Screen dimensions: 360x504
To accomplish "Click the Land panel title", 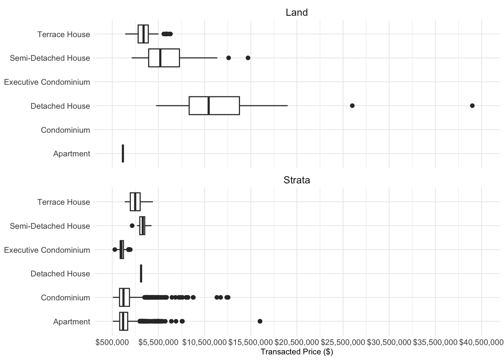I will (x=297, y=12).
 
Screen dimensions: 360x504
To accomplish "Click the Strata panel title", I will (x=297, y=180).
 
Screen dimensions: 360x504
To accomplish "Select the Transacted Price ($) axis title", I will (x=297, y=352).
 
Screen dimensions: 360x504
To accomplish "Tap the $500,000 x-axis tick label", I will (x=112, y=342).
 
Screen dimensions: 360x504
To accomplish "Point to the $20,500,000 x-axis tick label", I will (x=297, y=342).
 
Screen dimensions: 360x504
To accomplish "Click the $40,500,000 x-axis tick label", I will (x=481, y=342).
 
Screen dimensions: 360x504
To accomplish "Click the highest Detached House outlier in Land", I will (x=472, y=106).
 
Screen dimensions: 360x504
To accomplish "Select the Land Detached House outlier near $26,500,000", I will (x=352, y=106).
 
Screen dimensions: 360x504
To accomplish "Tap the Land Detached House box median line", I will (x=208, y=106).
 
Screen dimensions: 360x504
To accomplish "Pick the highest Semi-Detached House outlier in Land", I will (x=248, y=58).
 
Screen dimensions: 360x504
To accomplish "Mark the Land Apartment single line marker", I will (x=123, y=153).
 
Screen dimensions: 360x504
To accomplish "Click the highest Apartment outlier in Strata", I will (x=260, y=321).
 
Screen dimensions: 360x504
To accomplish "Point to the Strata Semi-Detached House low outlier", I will (x=132, y=226).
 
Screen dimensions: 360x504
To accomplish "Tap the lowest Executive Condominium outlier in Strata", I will (x=115, y=250).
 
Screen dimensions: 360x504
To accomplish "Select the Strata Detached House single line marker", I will (x=141, y=273).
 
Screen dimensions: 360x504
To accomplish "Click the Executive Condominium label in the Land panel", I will (x=47, y=82).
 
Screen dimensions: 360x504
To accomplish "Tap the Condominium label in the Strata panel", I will (x=65, y=298).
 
